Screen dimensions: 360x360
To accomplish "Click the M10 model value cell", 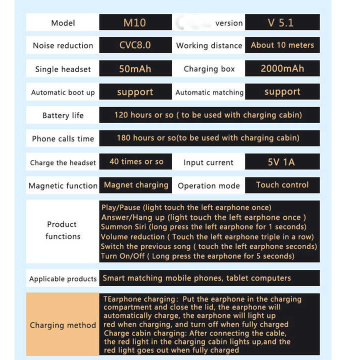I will (135, 22).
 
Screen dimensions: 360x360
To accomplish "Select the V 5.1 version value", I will (282, 22).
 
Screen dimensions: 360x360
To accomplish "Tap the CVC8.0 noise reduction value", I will (135, 45).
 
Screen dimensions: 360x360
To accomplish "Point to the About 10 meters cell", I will (282, 45).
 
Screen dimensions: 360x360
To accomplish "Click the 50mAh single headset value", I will (135, 68).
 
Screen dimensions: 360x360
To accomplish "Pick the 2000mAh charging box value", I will (282, 68).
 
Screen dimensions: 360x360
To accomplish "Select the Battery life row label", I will (63, 115).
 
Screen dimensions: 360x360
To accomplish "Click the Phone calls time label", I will (63, 138).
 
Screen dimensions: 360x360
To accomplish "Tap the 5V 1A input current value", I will (282, 162).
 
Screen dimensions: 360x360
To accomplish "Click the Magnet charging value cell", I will (136, 185).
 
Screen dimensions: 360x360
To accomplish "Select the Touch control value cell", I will (282, 185).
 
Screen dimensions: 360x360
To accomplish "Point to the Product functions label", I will (62, 230).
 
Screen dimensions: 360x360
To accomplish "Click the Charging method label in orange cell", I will (62, 325).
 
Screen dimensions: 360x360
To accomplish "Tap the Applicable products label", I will (62, 278).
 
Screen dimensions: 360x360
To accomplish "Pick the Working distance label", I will (209, 45).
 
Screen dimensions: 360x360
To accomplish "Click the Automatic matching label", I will (209, 92).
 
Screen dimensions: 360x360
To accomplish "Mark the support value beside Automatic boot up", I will (135, 92).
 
